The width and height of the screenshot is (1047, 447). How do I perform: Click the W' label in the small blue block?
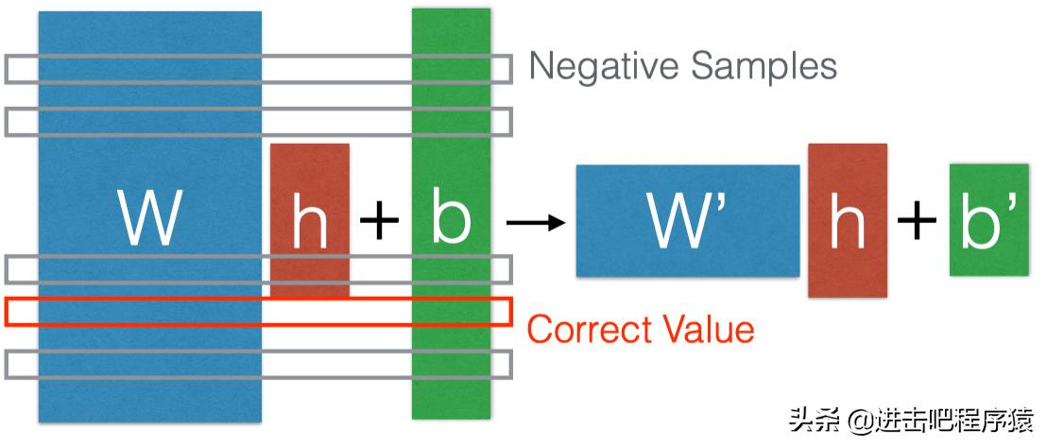click(x=686, y=221)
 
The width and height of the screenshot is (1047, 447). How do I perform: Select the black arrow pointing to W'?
click(x=535, y=223)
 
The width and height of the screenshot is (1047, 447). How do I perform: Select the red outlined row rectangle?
click(x=258, y=312)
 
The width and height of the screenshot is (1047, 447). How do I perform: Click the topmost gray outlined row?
click(x=258, y=69)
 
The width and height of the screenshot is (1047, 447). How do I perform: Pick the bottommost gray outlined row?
click(x=258, y=364)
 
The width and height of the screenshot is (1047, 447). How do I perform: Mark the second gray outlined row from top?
click(x=258, y=121)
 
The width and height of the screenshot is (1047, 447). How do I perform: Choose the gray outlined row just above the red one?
click(x=258, y=269)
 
